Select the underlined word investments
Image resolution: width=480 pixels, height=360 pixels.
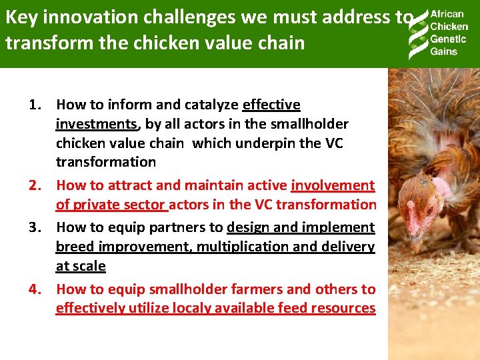click(96, 124)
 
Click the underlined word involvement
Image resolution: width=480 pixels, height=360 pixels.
click(333, 185)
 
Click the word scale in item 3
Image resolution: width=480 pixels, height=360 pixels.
click(89, 266)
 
